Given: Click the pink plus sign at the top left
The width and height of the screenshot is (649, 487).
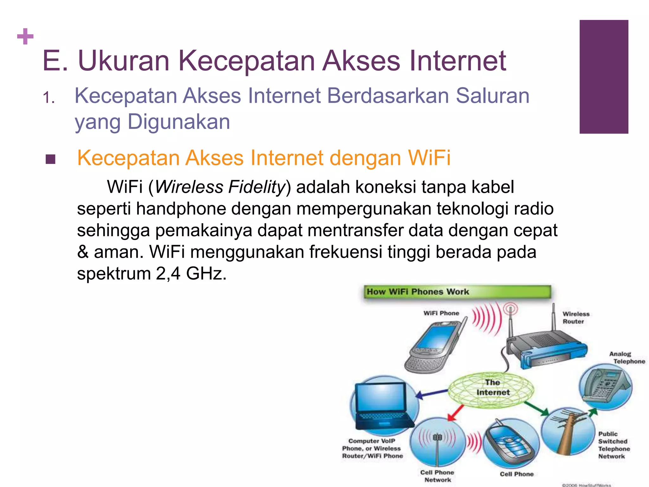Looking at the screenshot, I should point(25,36).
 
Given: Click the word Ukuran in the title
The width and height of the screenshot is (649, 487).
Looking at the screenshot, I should point(124,61).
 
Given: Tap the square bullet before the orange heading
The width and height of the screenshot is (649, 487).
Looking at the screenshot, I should point(50,159).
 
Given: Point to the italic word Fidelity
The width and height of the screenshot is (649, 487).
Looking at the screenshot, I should point(257,187).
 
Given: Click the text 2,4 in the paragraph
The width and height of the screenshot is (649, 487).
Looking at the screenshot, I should point(168,273).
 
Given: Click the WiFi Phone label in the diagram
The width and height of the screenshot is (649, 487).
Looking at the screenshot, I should point(441,313).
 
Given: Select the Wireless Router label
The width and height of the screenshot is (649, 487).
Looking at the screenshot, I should point(575,318).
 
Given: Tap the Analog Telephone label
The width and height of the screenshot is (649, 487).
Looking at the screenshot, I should point(626,358).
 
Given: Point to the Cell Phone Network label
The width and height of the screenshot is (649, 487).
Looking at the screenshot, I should point(437,476).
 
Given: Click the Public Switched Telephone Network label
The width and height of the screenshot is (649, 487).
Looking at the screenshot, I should point(614,445).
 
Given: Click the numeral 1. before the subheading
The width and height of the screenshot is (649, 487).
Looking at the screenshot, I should point(48,98).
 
